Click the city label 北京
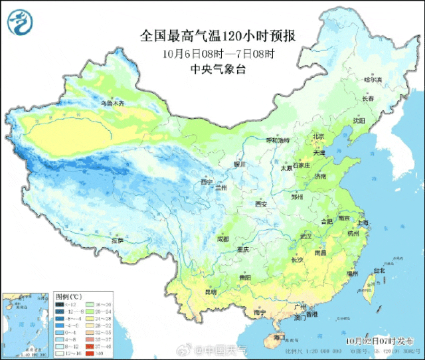click(x=319, y=137)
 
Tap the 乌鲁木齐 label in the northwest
click(x=112, y=104)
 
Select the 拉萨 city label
click(x=117, y=241)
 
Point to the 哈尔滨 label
click(x=374, y=80)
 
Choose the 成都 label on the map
click(x=222, y=238)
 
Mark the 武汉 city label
click(x=306, y=236)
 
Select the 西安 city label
click(x=262, y=204)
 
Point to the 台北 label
click(x=379, y=271)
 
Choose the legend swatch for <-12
click(x=59, y=304)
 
